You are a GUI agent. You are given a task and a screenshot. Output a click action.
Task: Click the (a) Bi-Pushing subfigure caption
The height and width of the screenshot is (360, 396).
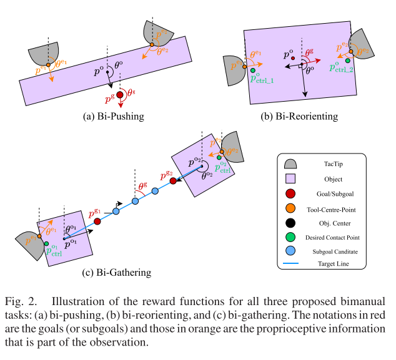click(113, 116)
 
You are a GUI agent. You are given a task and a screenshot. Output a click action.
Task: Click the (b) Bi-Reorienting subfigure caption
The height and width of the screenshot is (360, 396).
click(299, 116)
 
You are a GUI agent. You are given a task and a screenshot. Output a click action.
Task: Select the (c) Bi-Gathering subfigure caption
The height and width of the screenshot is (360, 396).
click(116, 272)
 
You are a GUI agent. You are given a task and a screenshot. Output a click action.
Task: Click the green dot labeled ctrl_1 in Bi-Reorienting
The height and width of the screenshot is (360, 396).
click(253, 71)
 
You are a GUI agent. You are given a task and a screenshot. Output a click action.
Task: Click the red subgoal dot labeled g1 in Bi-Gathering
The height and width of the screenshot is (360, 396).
click(97, 221)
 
